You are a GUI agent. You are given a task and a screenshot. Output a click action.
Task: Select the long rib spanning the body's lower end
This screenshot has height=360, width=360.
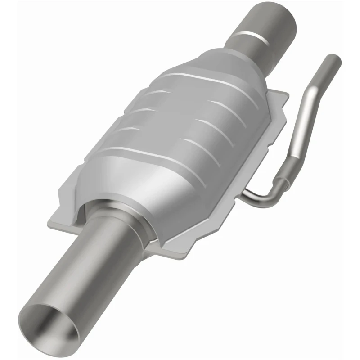click(153, 155)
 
